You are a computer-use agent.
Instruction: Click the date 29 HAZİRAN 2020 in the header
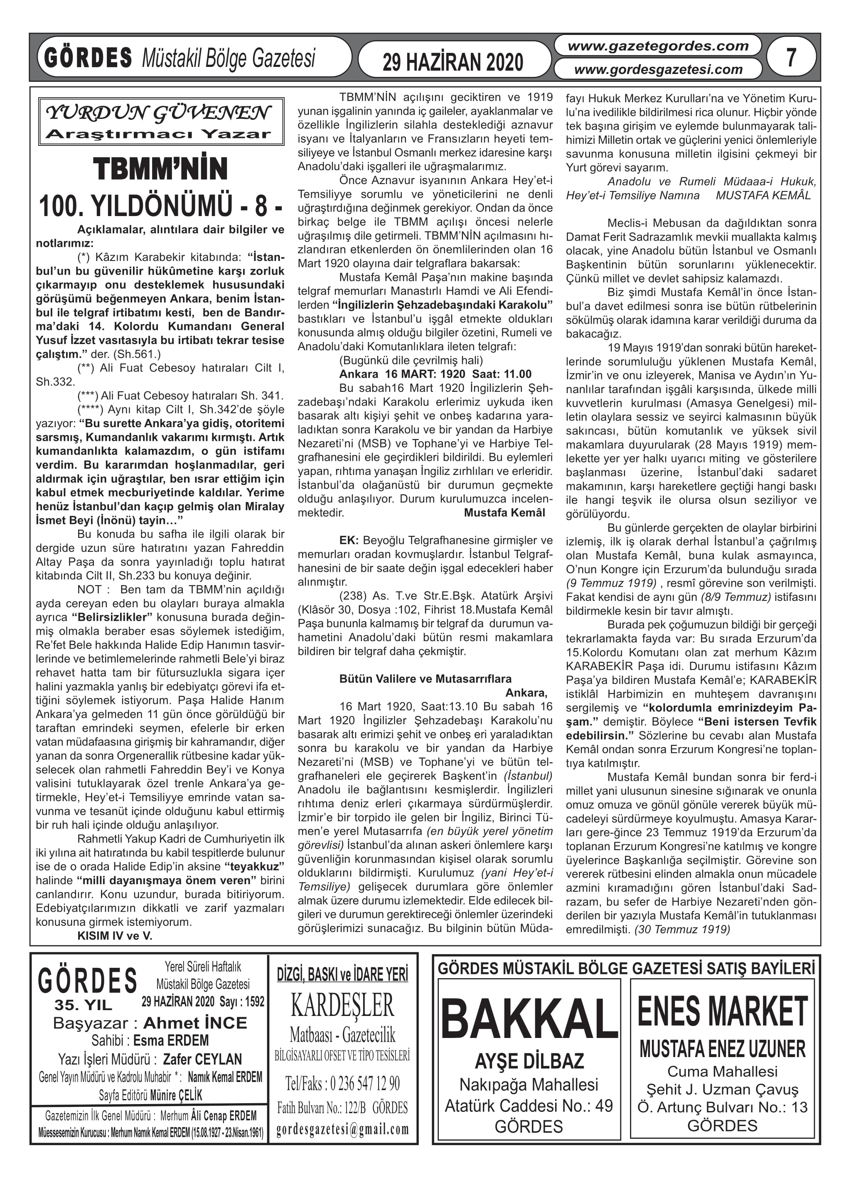click(453, 62)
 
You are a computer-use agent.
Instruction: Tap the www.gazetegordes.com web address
click(658, 46)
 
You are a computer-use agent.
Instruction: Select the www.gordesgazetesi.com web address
click(658, 69)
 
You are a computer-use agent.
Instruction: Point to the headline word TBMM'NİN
click(160, 170)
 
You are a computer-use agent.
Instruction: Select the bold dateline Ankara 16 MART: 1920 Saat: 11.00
click(435, 374)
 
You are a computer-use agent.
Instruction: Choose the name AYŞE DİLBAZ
click(529, 1060)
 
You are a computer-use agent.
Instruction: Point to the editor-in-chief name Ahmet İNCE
click(195, 1023)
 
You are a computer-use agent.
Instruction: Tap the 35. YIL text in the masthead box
click(83, 1005)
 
